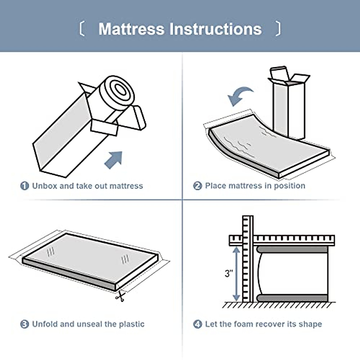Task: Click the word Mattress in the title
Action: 131,29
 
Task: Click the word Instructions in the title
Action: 215,29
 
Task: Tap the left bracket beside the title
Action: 82,28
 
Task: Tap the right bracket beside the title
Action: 278,28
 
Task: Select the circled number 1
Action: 25,186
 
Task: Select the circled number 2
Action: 197,186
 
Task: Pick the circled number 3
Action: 25,324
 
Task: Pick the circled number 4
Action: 197,324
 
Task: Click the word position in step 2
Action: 289,186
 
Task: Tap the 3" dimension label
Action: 229,273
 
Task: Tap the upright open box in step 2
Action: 289,103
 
